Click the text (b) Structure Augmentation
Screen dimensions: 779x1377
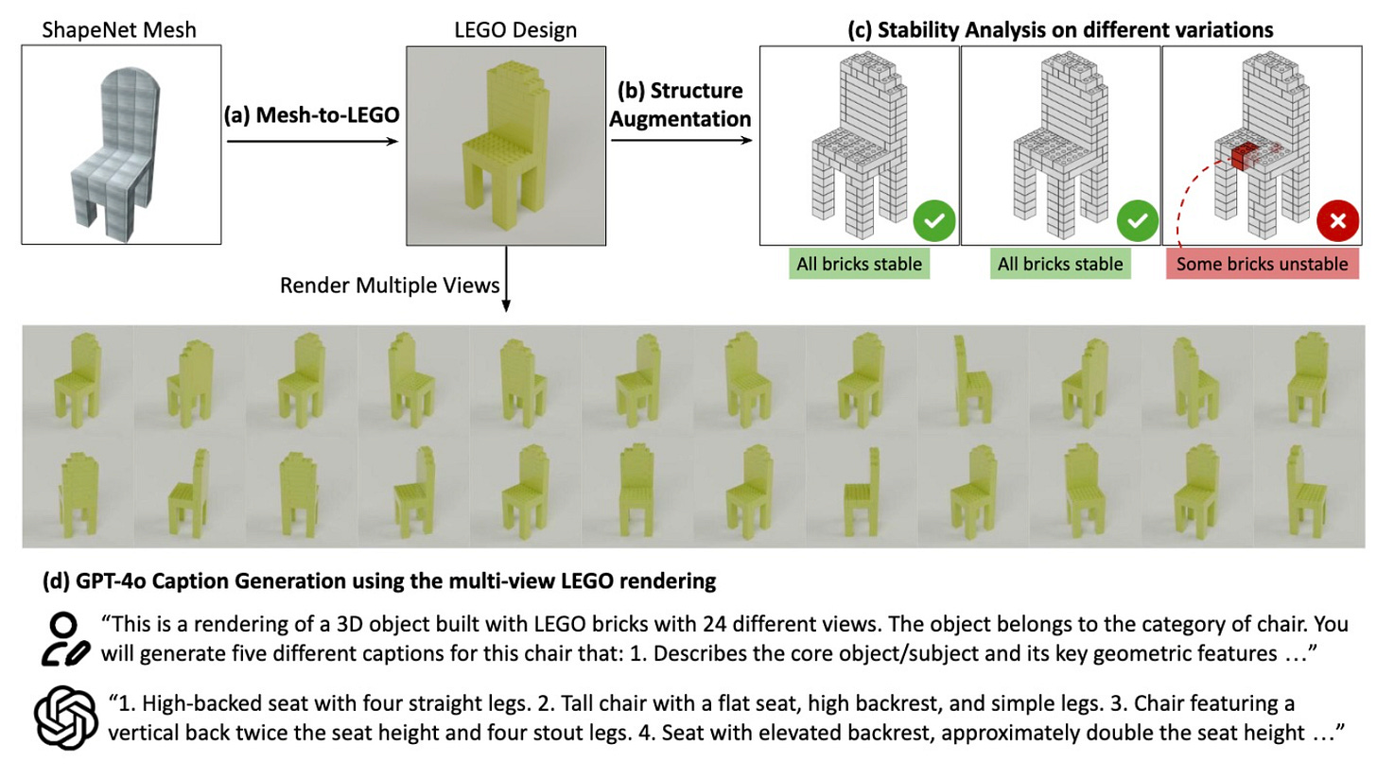(x=681, y=105)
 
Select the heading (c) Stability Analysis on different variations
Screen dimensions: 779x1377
(x=1059, y=30)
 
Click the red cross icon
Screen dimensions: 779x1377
(x=1337, y=220)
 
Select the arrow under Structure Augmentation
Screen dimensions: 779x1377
(x=681, y=142)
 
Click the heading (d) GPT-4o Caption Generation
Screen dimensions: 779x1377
(x=379, y=581)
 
